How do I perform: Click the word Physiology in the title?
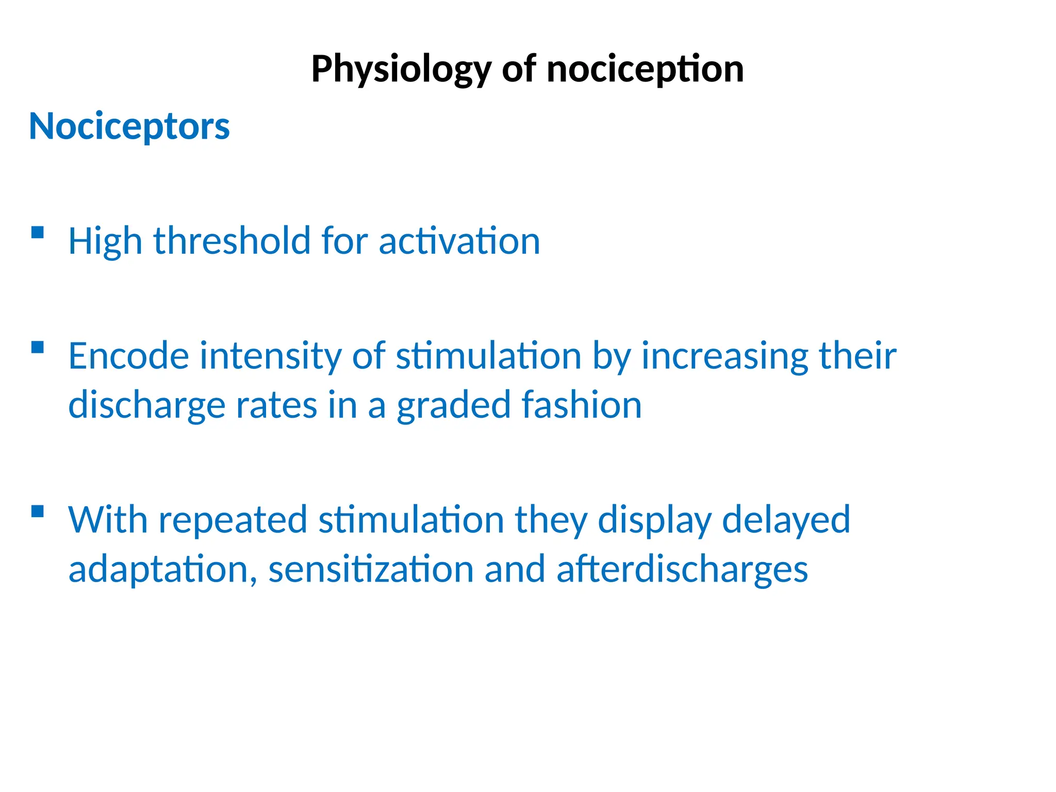pyautogui.click(x=401, y=70)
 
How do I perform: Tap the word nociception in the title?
pyautogui.click(x=645, y=70)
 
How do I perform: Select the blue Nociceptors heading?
pyautogui.click(x=129, y=126)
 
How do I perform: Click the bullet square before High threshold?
pyautogui.click(x=37, y=233)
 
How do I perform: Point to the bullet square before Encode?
pyautogui.click(x=37, y=348)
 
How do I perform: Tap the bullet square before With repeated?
pyautogui.click(x=37, y=511)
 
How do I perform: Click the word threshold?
pyautogui.click(x=233, y=241)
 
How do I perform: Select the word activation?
pyautogui.click(x=459, y=241)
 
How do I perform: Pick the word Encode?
pyautogui.click(x=128, y=356)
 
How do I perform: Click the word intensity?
pyautogui.click(x=270, y=356)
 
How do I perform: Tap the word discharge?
pyautogui.click(x=146, y=405)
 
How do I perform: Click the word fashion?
pyautogui.click(x=582, y=405)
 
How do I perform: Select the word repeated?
pyautogui.click(x=233, y=520)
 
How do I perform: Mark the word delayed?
pyautogui.click(x=786, y=520)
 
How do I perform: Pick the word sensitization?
pyautogui.click(x=371, y=569)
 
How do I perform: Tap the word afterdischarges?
pyautogui.click(x=682, y=569)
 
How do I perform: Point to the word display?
pyautogui.click(x=654, y=520)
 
